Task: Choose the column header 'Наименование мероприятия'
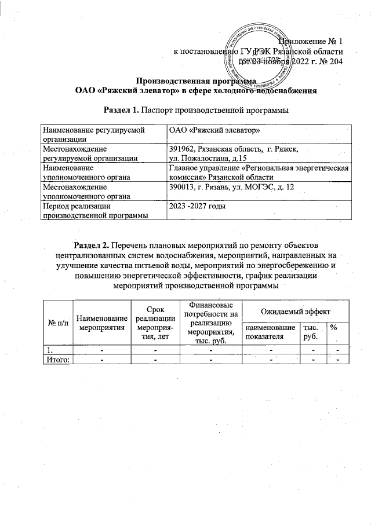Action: (101, 323)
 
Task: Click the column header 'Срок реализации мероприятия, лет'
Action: (155, 323)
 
